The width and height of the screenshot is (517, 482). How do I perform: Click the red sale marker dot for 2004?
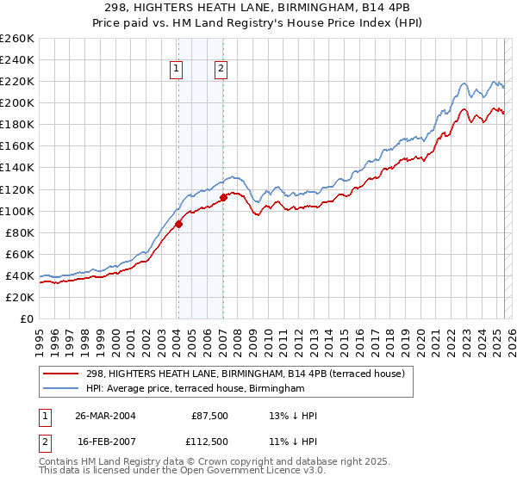[179, 224]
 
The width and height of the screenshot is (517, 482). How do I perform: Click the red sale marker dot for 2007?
[223, 197]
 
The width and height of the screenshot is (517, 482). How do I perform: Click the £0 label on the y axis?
[25, 318]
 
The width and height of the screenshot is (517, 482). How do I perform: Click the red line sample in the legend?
[63, 374]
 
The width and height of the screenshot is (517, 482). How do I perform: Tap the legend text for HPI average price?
[196, 389]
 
